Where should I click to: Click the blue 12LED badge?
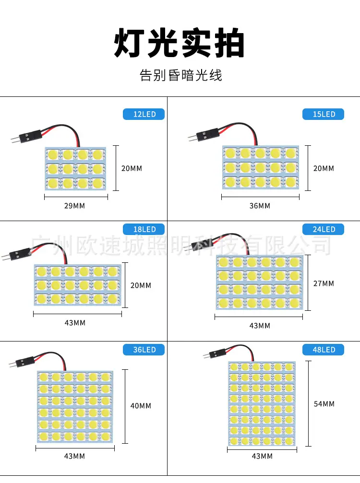tap(144, 114)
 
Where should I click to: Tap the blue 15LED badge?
tap(323, 114)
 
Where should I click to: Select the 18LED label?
tap(144, 229)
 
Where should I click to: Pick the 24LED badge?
tap(323, 229)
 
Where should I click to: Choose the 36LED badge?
tap(144, 350)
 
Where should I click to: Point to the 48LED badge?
tap(323, 350)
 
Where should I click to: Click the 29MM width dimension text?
tap(74, 206)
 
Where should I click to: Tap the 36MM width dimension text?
tap(260, 206)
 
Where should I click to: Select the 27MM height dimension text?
tap(324, 283)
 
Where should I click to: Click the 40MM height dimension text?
tap(141, 406)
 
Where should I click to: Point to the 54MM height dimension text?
tap(324, 404)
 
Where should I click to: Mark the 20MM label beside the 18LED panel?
tap(141, 285)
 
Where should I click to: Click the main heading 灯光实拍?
tap(180, 43)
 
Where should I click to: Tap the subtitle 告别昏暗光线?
tap(180, 75)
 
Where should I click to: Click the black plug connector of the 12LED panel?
tap(30, 136)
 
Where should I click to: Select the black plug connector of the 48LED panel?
tap(217, 353)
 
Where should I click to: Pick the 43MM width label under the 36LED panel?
tap(74, 456)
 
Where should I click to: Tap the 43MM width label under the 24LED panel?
tap(260, 326)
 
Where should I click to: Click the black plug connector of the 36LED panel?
tap(25, 362)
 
